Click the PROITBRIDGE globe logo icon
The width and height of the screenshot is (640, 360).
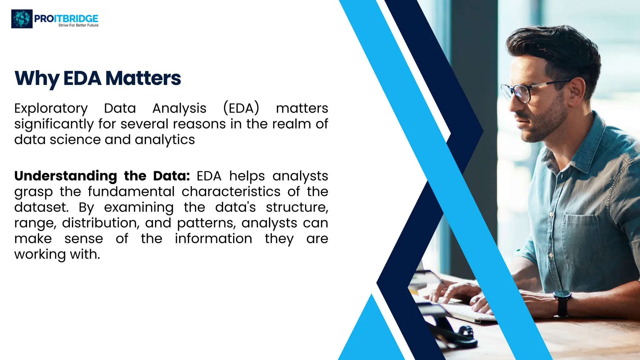[x=22, y=19]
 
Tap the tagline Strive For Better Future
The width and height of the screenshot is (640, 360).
[x=78, y=25]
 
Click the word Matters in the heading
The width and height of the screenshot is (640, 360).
[x=143, y=78]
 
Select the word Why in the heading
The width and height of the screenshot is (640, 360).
[x=37, y=78]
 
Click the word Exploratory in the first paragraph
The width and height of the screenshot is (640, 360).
[x=51, y=109]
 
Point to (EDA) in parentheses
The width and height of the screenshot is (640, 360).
[x=241, y=108]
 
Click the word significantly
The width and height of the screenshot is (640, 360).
[x=54, y=124]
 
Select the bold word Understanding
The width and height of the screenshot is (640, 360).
[x=66, y=176]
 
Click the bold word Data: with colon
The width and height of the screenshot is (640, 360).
[x=171, y=176]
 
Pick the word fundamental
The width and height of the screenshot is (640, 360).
[x=131, y=192]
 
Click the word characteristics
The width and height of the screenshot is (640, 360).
[x=231, y=192]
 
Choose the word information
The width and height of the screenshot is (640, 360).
[x=213, y=239]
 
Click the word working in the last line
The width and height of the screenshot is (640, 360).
[x=40, y=255]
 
